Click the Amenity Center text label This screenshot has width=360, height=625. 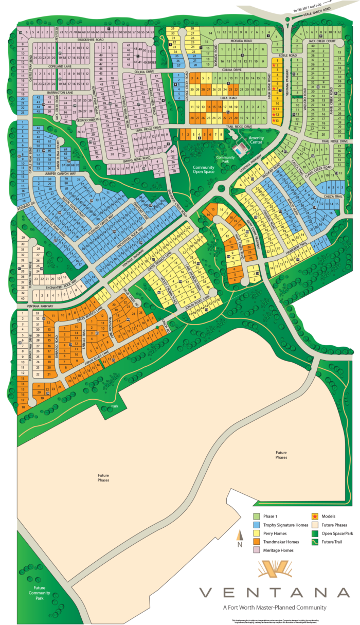click(256, 140)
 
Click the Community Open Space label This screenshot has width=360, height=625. click(204, 170)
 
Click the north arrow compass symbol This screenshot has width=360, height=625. click(239, 539)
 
